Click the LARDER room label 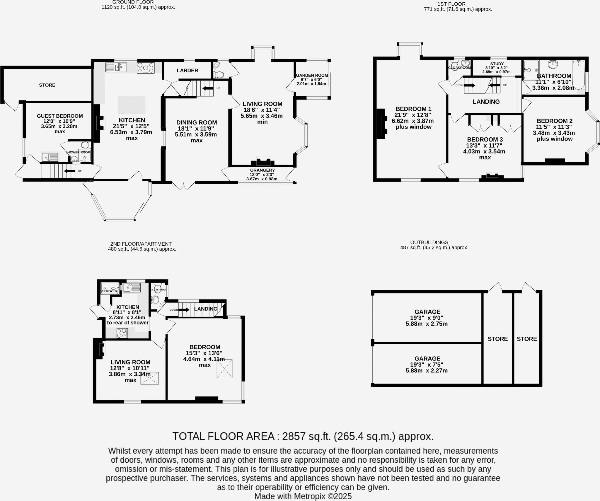[x=187, y=71]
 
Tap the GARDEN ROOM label [x=312, y=75]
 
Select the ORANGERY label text [x=262, y=170]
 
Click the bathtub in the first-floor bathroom [x=578, y=75]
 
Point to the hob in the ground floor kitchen [x=146, y=68]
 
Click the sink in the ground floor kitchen [x=116, y=67]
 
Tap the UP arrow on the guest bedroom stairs [x=69, y=171]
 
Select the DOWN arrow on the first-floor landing [x=470, y=86]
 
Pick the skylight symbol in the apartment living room [x=150, y=378]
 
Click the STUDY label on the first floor [x=497, y=64]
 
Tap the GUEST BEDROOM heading [x=60, y=116]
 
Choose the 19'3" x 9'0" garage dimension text [x=427, y=318]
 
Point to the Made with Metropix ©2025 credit [x=303, y=496]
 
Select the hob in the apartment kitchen [x=122, y=333]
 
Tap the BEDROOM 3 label [x=485, y=139]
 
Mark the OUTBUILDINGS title [x=429, y=242]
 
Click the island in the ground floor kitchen [x=132, y=105]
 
